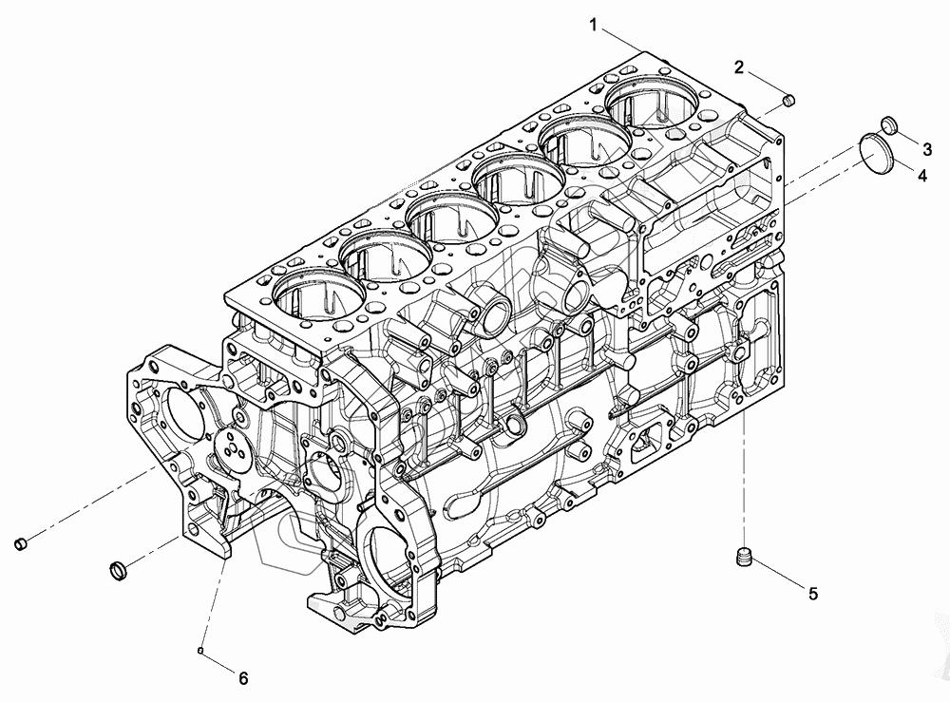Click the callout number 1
point(594,26)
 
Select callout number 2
point(738,67)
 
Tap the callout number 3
point(927,147)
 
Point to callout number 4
point(921,176)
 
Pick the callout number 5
point(813,593)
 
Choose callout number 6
point(243,678)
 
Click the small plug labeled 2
point(788,101)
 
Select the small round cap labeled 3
point(888,124)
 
